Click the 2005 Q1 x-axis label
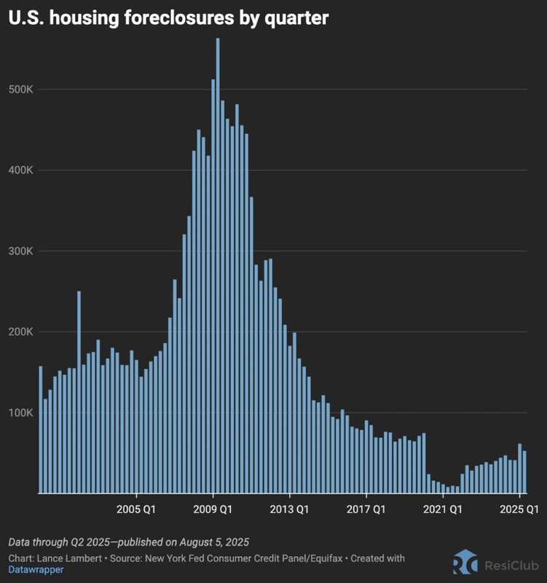click(x=135, y=509)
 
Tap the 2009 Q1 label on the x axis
click(x=213, y=509)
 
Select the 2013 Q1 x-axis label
click(x=290, y=509)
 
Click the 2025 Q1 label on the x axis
click(x=518, y=509)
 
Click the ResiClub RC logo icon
click(x=465, y=563)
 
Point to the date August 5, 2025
click(x=211, y=542)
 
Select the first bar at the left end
click(x=40, y=430)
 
